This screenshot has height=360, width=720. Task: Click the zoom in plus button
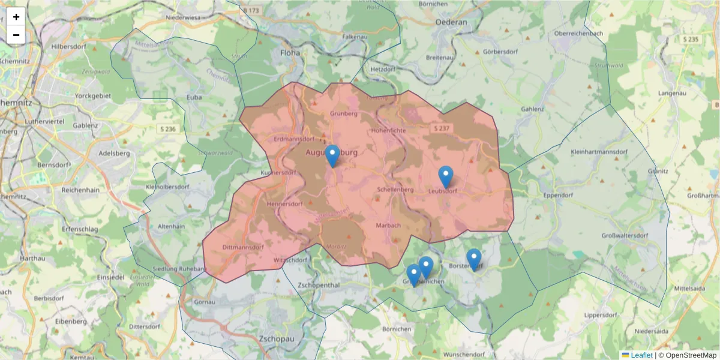pos(16,17)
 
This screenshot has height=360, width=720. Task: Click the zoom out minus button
pos(16,35)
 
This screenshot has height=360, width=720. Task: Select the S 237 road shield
pos(443,128)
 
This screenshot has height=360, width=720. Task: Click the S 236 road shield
pos(169,129)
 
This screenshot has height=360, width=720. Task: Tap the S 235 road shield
pos(691,39)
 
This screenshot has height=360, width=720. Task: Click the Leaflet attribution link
pos(641,355)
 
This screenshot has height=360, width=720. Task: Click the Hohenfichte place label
pos(389,130)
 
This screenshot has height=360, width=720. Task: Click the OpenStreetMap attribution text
pos(691,355)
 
